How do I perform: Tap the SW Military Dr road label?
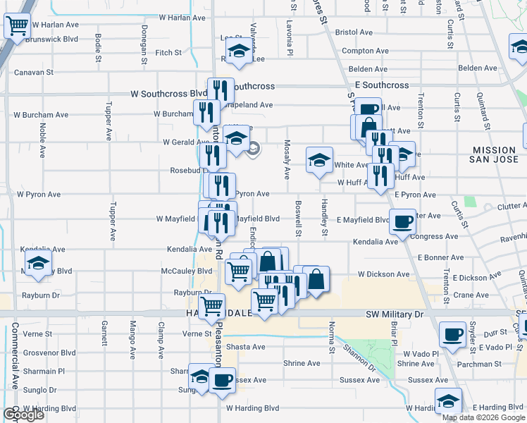(396, 313)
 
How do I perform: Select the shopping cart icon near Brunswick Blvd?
(18, 27)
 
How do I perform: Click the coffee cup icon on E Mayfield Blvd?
(403, 222)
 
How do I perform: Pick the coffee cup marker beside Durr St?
(452, 333)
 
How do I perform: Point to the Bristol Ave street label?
(354, 32)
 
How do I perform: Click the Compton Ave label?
(364, 51)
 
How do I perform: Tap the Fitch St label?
(168, 53)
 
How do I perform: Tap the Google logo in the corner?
(23, 415)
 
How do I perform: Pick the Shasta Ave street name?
(245, 347)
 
